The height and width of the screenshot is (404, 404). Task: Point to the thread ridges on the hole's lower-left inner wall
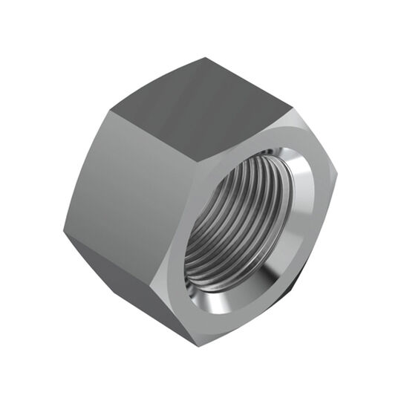pyautogui.click(x=201, y=252)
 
